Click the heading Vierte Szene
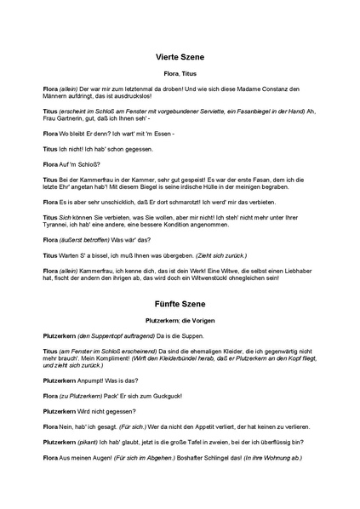[180, 58]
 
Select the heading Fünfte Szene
[180, 304]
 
